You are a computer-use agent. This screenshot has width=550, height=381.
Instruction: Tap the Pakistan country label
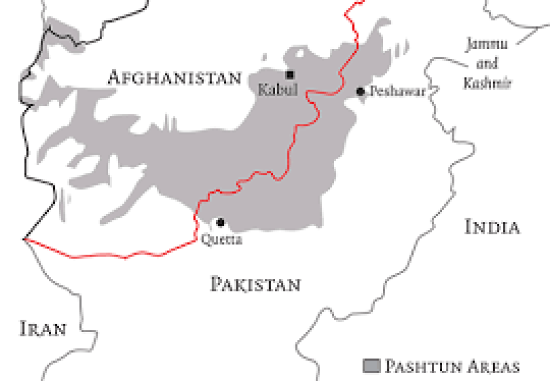click(255, 284)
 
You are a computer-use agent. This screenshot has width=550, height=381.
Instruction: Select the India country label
click(493, 227)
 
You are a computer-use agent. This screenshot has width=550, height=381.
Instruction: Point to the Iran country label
click(44, 328)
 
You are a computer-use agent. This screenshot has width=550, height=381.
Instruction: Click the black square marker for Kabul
click(291, 75)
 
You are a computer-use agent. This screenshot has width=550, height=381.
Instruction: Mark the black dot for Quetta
click(220, 222)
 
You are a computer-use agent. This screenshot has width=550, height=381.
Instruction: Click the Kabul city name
click(278, 90)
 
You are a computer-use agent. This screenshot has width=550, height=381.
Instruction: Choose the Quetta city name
click(221, 240)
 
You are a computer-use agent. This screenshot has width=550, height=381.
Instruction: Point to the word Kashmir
click(487, 83)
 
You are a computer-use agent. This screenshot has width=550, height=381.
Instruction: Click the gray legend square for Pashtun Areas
click(371, 366)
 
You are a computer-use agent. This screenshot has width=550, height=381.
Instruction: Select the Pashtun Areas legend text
click(451, 366)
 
